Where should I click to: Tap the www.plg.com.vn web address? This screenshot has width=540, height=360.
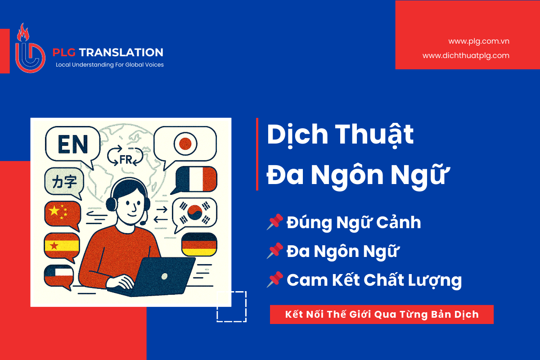[478, 41]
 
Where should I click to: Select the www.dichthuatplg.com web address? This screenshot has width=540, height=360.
[466, 56]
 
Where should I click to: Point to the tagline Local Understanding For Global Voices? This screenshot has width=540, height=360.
[109, 65]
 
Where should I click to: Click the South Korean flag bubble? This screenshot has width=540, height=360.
[194, 212]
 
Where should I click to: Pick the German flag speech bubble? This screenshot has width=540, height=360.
[199, 245]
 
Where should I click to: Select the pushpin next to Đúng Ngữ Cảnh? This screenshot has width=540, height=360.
[274, 222]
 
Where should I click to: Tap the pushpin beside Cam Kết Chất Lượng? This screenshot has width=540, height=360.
[274, 280]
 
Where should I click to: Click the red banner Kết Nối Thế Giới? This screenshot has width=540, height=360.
[382, 315]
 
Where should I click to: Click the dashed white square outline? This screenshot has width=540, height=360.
[231, 306]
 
